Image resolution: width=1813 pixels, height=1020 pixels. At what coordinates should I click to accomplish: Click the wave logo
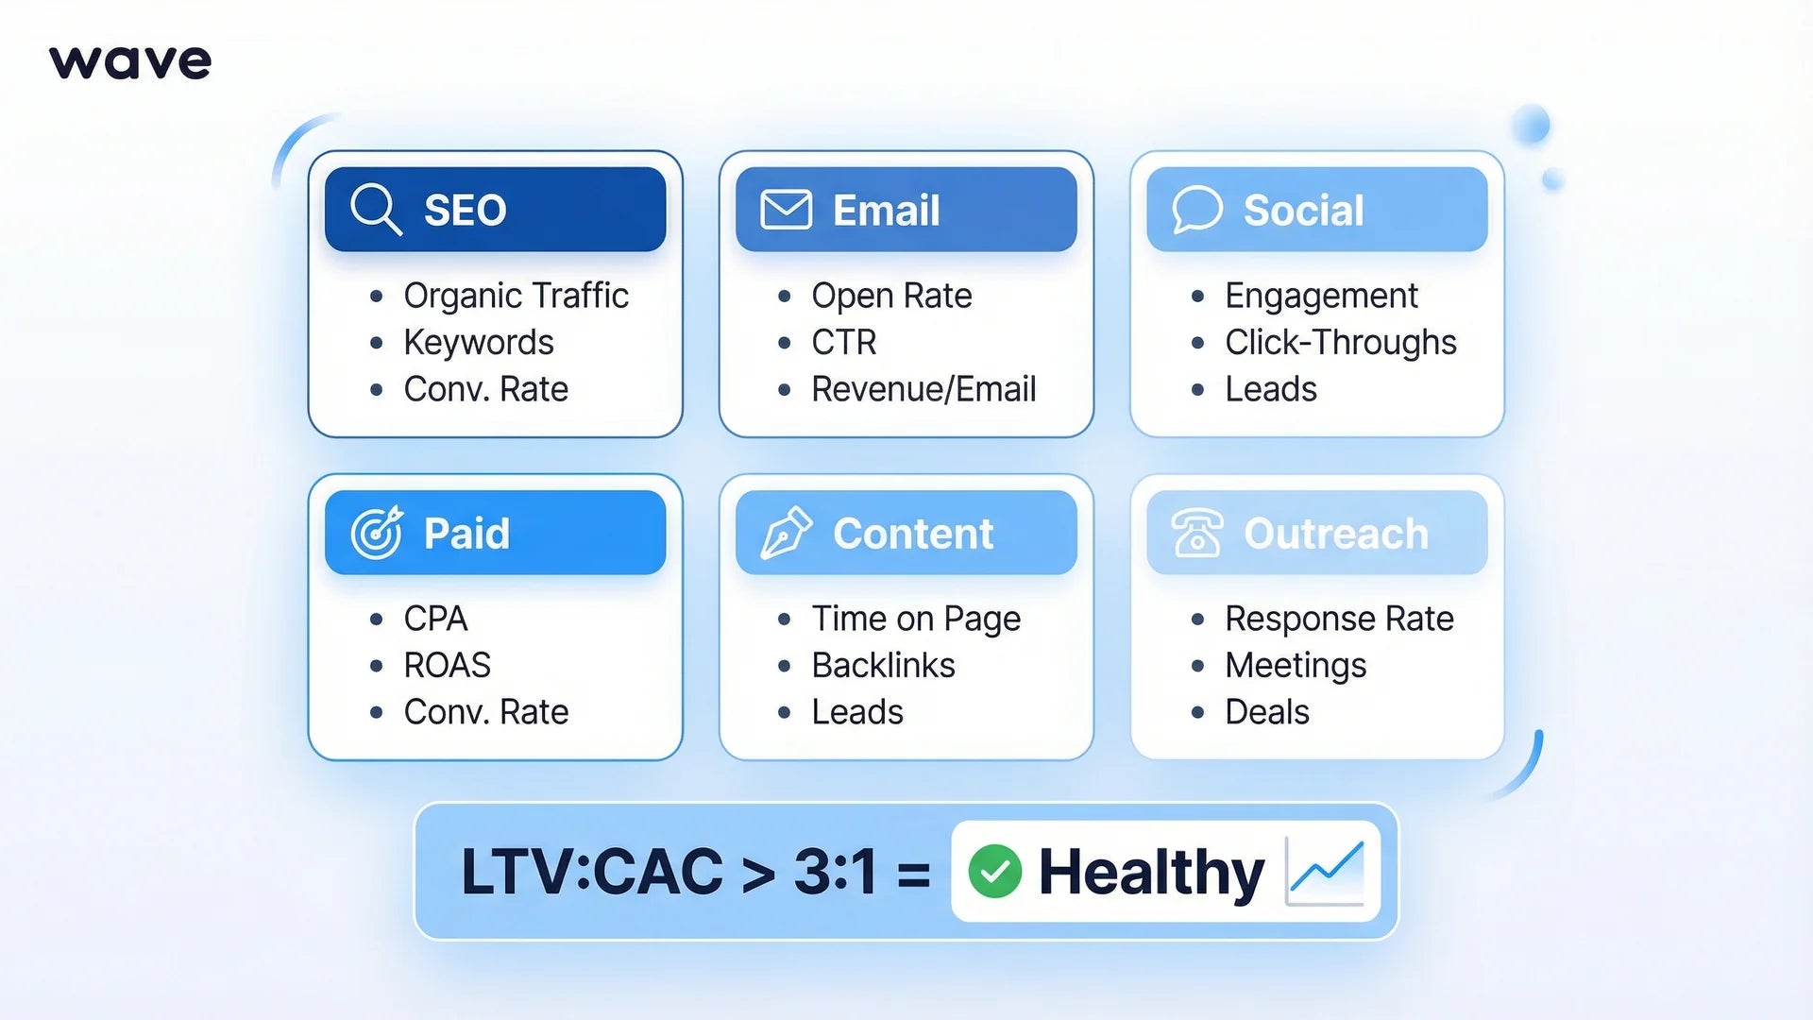tap(130, 62)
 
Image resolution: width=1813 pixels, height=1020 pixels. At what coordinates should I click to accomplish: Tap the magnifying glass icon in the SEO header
tap(376, 209)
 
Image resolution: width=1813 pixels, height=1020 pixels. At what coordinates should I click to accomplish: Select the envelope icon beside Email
tap(786, 210)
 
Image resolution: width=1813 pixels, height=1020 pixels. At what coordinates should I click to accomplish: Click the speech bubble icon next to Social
tap(1196, 209)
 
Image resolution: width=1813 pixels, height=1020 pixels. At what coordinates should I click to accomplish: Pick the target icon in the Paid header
tap(377, 533)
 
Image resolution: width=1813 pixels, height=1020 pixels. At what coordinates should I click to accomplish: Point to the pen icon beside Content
tap(786, 533)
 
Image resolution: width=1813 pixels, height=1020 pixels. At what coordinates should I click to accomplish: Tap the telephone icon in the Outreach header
tap(1196, 533)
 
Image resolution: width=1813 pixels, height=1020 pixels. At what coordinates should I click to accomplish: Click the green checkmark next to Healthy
tap(994, 871)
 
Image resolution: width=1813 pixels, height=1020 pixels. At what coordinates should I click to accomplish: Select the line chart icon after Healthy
tap(1325, 871)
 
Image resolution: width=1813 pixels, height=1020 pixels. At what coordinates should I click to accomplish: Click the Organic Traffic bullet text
tap(516, 296)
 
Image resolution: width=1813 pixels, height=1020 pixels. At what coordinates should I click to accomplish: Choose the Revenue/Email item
tap(923, 389)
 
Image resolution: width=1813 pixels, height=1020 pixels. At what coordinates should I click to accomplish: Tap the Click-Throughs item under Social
tap(1340, 342)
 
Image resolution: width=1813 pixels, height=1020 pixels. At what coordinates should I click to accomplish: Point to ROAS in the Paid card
tap(447, 665)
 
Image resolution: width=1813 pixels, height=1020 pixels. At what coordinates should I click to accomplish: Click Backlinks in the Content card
tap(883, 665)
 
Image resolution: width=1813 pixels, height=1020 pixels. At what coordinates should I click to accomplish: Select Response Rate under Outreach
tap(1338, 619)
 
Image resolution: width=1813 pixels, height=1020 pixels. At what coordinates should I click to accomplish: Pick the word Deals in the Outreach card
tap(1266, 712)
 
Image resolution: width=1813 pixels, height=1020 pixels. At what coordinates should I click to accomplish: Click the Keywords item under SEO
tap(478, 342)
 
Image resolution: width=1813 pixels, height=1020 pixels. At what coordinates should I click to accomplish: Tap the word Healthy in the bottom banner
tap(1151, 871)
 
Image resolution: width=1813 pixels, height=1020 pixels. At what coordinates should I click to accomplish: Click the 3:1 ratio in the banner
tap(835, 871)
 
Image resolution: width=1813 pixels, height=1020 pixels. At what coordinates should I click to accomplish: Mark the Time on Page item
tap(916, 619)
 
